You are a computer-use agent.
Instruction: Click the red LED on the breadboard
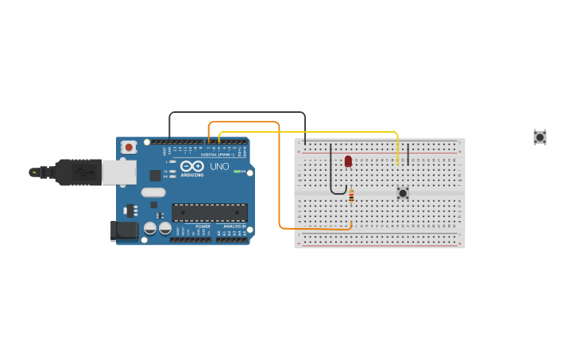click(x=348, y=161)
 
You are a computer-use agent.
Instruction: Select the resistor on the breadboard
click(x=351, y=195)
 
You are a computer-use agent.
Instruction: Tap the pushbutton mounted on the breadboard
click(x=403, y=193)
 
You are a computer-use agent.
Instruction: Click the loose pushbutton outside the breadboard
click(x=539, y=137)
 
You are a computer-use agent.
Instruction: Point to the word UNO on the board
click(x=219, y=166)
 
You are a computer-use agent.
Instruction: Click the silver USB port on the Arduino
click(x=119, y=172)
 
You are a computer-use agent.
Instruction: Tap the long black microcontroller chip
click(x=210, y=212)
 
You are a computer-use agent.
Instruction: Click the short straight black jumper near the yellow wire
click(x=408, y=154)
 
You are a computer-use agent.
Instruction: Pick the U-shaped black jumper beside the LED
click(x=332, y=179)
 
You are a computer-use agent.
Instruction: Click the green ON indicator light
click(x=238, y=172)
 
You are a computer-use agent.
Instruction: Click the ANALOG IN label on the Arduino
click(x=234, y=226)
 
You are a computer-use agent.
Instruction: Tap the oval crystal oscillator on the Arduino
click(x=153, y=192)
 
